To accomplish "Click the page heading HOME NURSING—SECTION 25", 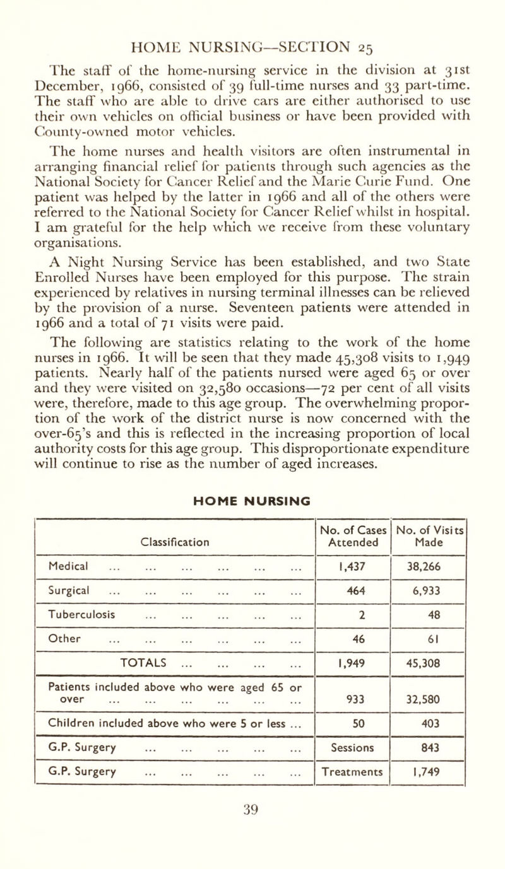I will pyautogui.click(x=252, y=13).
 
